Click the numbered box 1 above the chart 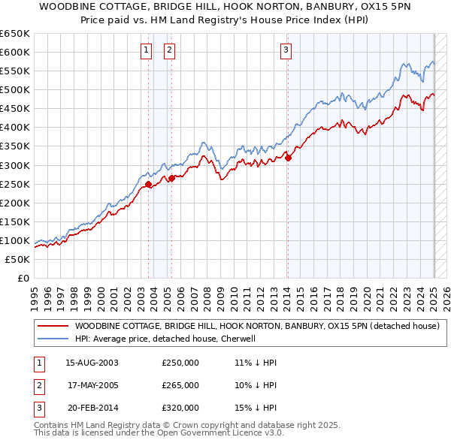pyautogui.click(x=146, y=50)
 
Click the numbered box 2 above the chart pyautogui.click(x=170, y=50)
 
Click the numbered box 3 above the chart pyautogui.click(x=286, y=50)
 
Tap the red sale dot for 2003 pyautogui.click(x=149, y=184)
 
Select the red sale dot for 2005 pyautogui.click(x=172, y=178)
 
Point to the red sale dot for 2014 pyautogui.click(x=289, y=158)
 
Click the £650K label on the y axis pyautogui.click(x=15, y=34)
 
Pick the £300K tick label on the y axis pyautogui.click(x=15, y=165)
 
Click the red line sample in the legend pyautogui.click(x=53, y=326)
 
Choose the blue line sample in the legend pyautogui.click(x=53, y=339)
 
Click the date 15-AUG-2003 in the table pyautogui.click(x=92, y=363)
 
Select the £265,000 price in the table pyautogui.click(x=180, y=385)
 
